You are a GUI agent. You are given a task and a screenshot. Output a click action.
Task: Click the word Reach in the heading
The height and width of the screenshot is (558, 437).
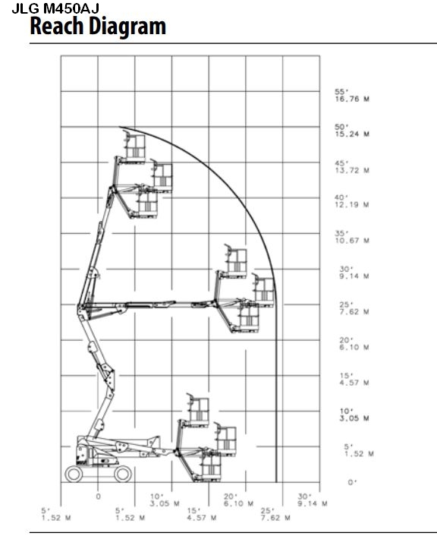click(x=56, y=26)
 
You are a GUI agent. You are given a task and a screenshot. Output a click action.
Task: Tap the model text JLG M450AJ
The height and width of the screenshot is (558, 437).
click(x=55, y=8)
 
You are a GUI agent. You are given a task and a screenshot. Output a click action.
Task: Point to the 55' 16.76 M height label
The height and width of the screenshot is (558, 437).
click(x=352, y=96)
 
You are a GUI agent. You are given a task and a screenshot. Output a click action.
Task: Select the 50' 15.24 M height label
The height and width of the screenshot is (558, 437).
click(x=352, y=131)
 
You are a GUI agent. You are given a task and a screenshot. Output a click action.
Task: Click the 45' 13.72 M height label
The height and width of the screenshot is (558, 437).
click(x=352, y=167)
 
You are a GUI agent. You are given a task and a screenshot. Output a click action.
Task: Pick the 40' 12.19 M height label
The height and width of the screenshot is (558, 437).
click(x=352, y=201)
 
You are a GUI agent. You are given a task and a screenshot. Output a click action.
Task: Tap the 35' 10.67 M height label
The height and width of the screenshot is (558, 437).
click(x=352, y=237)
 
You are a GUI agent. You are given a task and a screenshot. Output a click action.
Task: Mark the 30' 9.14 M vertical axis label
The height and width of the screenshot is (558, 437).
click(x=354, y=273)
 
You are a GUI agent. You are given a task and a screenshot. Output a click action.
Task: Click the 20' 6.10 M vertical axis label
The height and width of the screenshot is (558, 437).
click(x=354, y=344)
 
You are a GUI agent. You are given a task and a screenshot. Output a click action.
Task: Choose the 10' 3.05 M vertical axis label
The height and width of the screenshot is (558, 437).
click(x=354, y=415)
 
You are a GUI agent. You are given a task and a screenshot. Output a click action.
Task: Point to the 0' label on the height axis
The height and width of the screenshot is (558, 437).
click(x=352, y=483)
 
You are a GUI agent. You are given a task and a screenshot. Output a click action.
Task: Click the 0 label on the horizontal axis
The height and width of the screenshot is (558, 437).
click(x=99, y=497)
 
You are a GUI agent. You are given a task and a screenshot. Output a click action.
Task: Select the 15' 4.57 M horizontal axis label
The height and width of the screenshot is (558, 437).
click(x=201, y=515)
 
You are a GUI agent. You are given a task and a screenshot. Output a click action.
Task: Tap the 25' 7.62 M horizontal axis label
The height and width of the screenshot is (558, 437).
click(x=275, y=515)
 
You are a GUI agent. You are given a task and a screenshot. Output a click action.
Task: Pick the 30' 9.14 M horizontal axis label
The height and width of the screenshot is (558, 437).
click(x=312, y=500)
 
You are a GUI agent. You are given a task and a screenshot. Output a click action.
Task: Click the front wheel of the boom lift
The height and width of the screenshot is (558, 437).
click(x=123, y=474)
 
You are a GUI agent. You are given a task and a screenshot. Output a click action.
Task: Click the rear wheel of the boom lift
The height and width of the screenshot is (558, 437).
click(x=74, y=474)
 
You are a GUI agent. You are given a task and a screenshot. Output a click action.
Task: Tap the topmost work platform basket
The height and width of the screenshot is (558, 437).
click(x=134, y=147)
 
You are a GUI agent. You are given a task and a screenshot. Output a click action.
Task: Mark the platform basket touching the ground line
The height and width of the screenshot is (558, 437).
click(x=210, y=466)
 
